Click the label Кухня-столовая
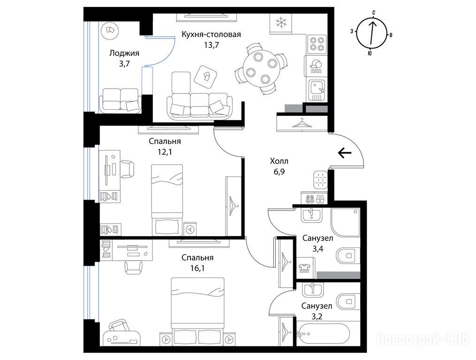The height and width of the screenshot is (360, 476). coord(212,34)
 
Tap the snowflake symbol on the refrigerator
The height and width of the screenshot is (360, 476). coord(281,23)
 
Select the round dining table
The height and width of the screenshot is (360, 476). coord(261,68)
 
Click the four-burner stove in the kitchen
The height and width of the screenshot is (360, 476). coord(317,43)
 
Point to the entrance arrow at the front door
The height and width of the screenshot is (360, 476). coord(345,153)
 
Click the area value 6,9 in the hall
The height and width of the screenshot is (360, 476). coord(279,172)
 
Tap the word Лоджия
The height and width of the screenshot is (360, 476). coord(124,54)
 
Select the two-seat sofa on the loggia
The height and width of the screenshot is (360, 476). coord(120,101)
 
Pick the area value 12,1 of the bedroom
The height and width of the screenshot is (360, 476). coord(165,152)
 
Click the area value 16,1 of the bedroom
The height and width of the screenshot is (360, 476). coord(197,268)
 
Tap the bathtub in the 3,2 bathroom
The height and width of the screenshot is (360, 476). coord(323,334)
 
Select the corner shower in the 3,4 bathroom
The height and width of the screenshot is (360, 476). coord(346,222)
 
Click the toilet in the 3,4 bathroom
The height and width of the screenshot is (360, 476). coord(348,256)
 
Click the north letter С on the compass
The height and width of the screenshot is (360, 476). coord(374,12)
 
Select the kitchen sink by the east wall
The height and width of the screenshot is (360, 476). coord(317,90)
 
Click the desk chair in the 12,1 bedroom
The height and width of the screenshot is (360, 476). coord(128,169)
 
